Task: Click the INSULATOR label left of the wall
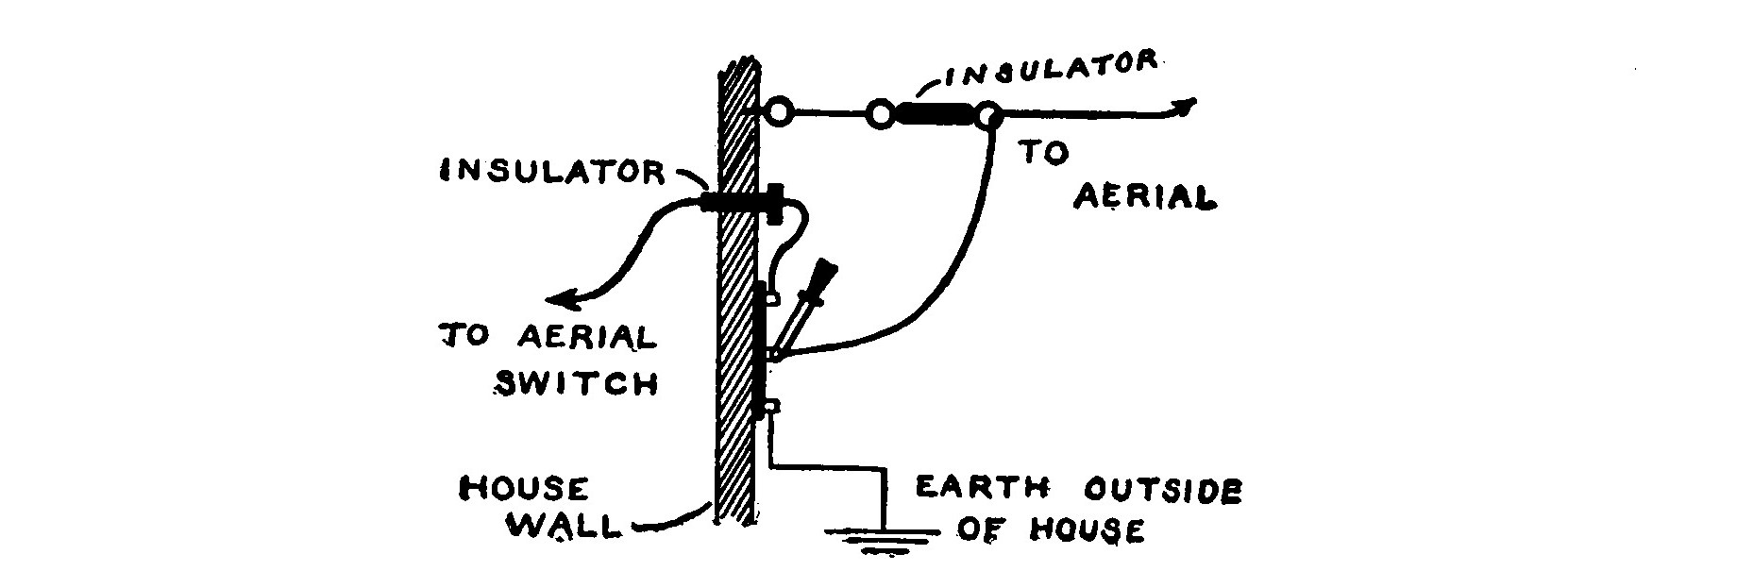coord(552,171)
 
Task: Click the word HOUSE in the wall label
coord(523,488)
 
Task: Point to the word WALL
coord(565,526)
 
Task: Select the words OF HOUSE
coord(1050,530)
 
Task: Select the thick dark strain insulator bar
coord(934,115)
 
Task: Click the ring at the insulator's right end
coord(987,116)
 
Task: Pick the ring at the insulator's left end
coord(880,115)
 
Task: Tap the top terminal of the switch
coord(772,298)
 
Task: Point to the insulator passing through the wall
coord(740,201)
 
